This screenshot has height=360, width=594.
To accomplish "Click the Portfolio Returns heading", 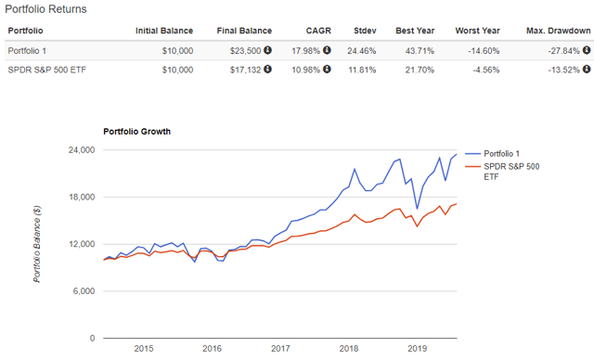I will click(x=46, y=9).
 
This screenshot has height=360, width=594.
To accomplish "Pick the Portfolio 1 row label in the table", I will click(x=30, y=50).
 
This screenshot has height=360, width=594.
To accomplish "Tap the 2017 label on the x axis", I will click(x=279, y=348).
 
